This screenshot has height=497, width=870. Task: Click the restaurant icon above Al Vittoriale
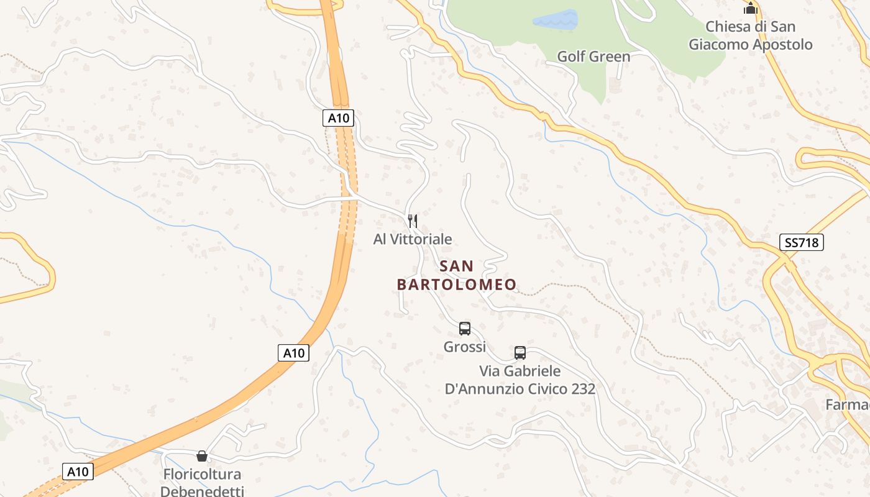point(412,221)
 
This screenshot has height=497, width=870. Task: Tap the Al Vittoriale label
point(413,239)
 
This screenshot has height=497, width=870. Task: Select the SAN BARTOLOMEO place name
point(457,275)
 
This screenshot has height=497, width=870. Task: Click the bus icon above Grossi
point(465,329)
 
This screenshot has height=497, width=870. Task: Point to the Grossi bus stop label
point(465,347)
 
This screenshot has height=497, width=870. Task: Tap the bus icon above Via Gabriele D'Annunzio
point(520,353)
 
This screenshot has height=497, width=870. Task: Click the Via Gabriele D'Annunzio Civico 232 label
point(520,380)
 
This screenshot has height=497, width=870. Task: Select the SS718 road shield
point(802,242)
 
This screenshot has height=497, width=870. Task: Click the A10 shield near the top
point(338,118)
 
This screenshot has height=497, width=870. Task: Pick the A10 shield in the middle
point(293,353)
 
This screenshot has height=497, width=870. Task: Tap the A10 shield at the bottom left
point(78,472)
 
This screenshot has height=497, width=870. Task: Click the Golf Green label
point(593,57)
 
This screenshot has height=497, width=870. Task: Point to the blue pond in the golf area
point(555,20)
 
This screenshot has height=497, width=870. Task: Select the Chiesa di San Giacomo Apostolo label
point(751,35)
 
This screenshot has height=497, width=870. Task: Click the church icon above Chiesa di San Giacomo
point(751,9)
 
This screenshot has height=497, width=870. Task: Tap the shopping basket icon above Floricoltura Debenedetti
point(202,456)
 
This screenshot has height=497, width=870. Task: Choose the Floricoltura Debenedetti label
point(202,483)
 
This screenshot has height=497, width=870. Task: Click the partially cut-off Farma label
point(848,404)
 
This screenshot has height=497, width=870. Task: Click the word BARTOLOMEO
point(457,285)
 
